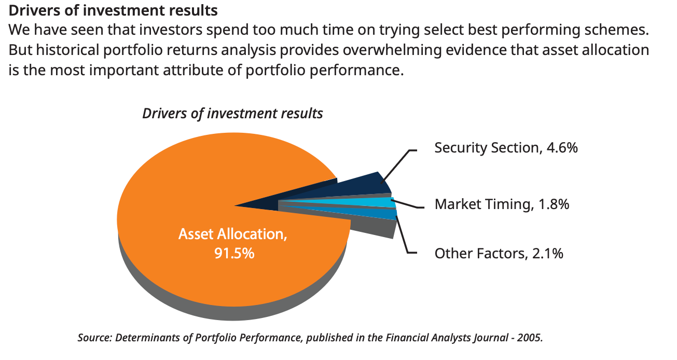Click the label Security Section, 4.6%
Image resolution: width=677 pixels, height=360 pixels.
(506, 148)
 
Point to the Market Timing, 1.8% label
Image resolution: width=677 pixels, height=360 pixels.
(502, 204)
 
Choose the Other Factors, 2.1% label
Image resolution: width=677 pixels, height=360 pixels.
(499, 253)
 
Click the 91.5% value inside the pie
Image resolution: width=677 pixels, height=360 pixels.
(234, 253)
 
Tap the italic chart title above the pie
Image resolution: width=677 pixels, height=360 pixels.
(232, 114)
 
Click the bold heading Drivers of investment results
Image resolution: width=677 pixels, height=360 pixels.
(113, 10)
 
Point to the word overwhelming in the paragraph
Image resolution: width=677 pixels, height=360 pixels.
(392, 50)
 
